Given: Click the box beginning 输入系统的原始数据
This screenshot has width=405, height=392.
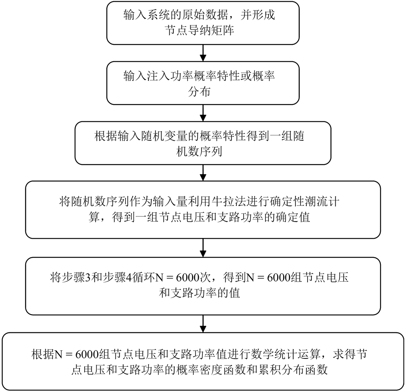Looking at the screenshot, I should [202, 23].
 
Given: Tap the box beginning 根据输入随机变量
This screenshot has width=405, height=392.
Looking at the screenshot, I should [202, 144].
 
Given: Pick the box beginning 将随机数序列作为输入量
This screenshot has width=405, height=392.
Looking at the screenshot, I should [202, 210].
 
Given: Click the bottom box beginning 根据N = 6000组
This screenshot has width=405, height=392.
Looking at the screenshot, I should [202, 361].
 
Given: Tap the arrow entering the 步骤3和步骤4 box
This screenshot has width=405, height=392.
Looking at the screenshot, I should [202, 248].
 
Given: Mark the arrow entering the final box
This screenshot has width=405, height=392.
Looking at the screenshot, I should [202, 323].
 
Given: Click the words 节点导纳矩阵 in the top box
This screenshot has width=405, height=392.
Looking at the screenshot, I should [200, 30].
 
